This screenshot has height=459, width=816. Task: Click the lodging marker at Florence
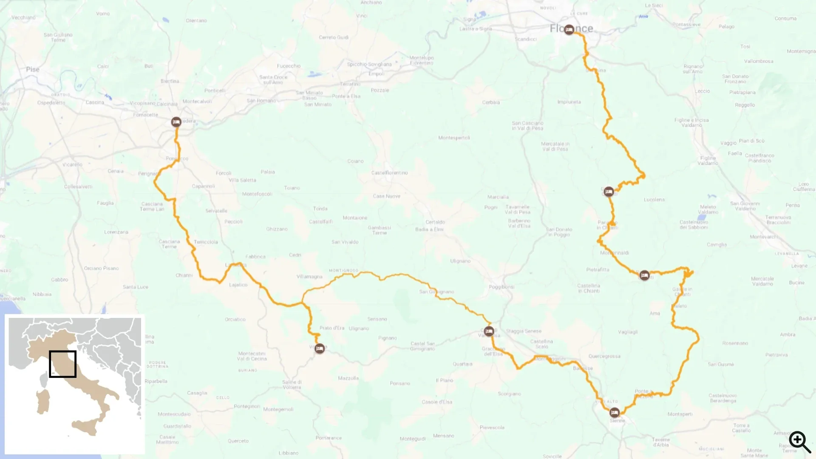569,29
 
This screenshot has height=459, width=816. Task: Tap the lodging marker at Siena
615,412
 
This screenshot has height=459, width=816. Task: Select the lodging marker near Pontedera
176,122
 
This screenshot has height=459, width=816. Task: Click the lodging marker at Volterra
320,348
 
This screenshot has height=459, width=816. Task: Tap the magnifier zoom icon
799,442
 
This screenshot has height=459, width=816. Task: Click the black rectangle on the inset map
62,364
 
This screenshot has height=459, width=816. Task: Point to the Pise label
33,69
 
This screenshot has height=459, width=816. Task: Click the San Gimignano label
436,292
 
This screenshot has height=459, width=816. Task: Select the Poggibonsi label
501,287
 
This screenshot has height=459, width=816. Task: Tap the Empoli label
376,74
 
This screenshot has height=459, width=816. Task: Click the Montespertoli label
454,138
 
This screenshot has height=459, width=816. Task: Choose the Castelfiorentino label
389,173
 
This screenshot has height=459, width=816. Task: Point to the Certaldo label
435,222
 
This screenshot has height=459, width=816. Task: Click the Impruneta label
569,102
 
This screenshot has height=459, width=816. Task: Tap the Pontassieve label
686,25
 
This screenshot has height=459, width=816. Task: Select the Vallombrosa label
759,61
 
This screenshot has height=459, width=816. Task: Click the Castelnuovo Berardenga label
723,398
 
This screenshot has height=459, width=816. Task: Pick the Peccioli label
233,221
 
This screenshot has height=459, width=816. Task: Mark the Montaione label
355,218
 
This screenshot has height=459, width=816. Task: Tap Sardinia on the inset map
43,402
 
